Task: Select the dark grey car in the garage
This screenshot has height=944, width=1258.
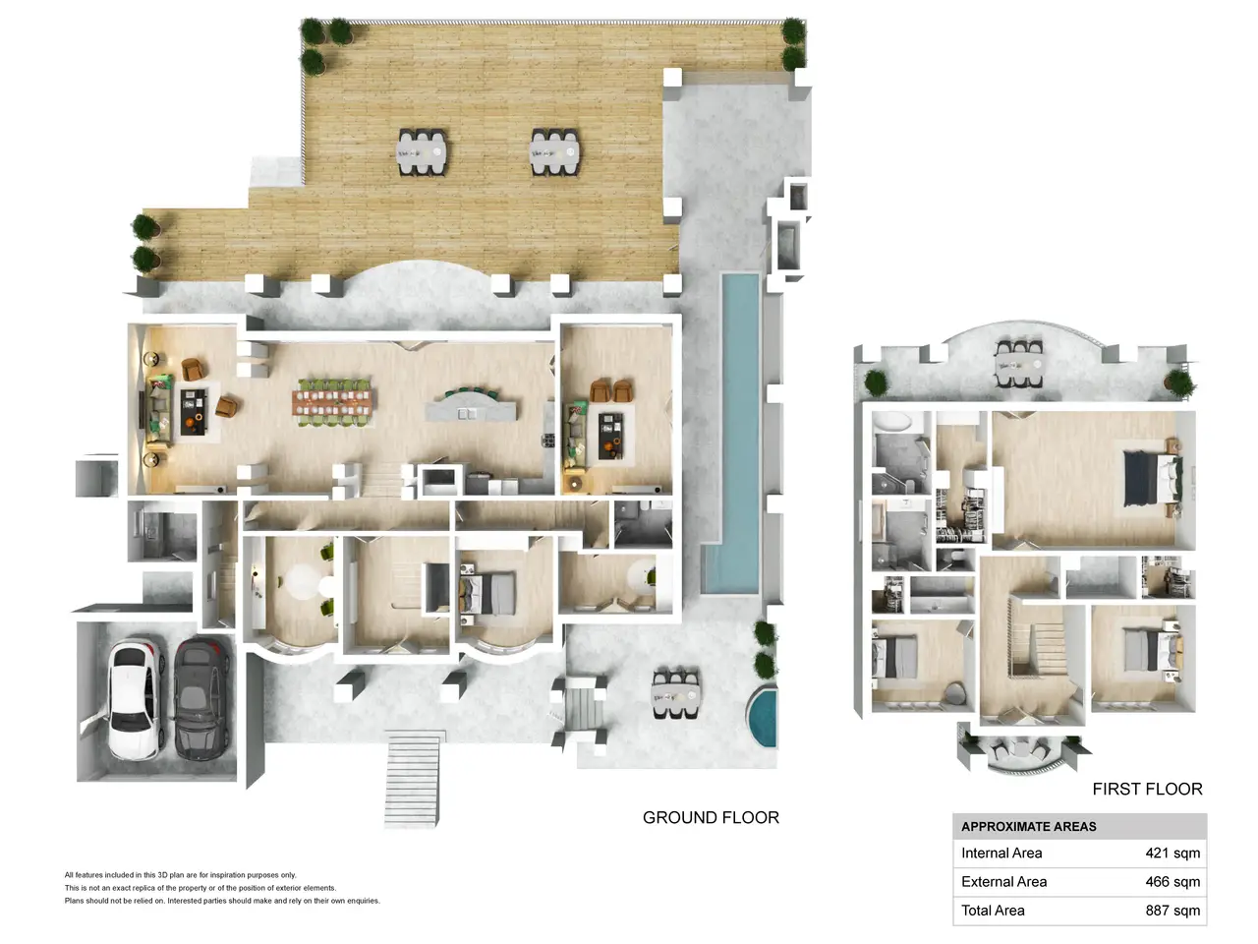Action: click(202, 699)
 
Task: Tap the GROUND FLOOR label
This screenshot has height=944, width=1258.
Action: click(711, 817)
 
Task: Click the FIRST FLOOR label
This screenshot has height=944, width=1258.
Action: click(1147, 789)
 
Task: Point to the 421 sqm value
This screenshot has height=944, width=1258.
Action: click(1172, 853)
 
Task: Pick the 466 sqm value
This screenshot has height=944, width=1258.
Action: click(1172, 881)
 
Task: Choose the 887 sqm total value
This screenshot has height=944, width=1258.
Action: click(1172, 911)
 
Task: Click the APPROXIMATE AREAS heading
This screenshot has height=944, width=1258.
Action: click(1029, 827)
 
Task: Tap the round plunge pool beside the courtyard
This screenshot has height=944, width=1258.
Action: click(764, 717)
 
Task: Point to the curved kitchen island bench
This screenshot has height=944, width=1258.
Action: click(471, 406)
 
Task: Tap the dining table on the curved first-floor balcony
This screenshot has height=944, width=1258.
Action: click(1019, 364)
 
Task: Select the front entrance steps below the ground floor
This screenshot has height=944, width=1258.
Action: click(413, 780)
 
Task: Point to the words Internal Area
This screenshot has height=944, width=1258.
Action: click(1001, 853)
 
